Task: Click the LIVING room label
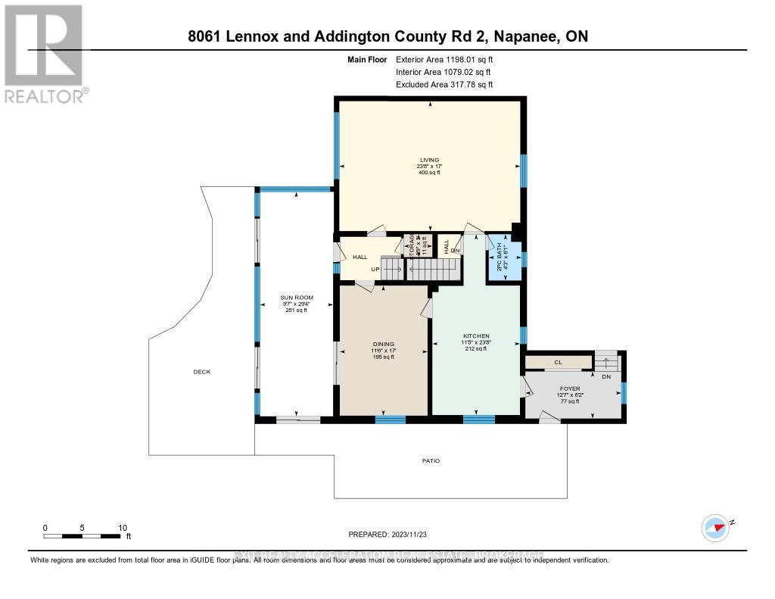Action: (x=430, y=160)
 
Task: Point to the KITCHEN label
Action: (x=477, y=335)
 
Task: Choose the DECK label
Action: (x=201, y=372)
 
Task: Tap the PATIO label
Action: (x=431, y=460)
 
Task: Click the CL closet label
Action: (x=558, y=363)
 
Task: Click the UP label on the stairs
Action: (x=374, y=269)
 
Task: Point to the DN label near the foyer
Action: (x=605, y=376)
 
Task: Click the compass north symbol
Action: (x=715, y=526)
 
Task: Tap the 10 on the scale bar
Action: (x=123, y=528)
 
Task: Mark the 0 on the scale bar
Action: (x=45, y=528)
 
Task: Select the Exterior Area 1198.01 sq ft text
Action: (x=445, y=59)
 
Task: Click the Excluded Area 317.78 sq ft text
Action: (x=444, y=85)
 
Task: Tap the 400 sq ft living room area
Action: (x=430, y=173)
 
